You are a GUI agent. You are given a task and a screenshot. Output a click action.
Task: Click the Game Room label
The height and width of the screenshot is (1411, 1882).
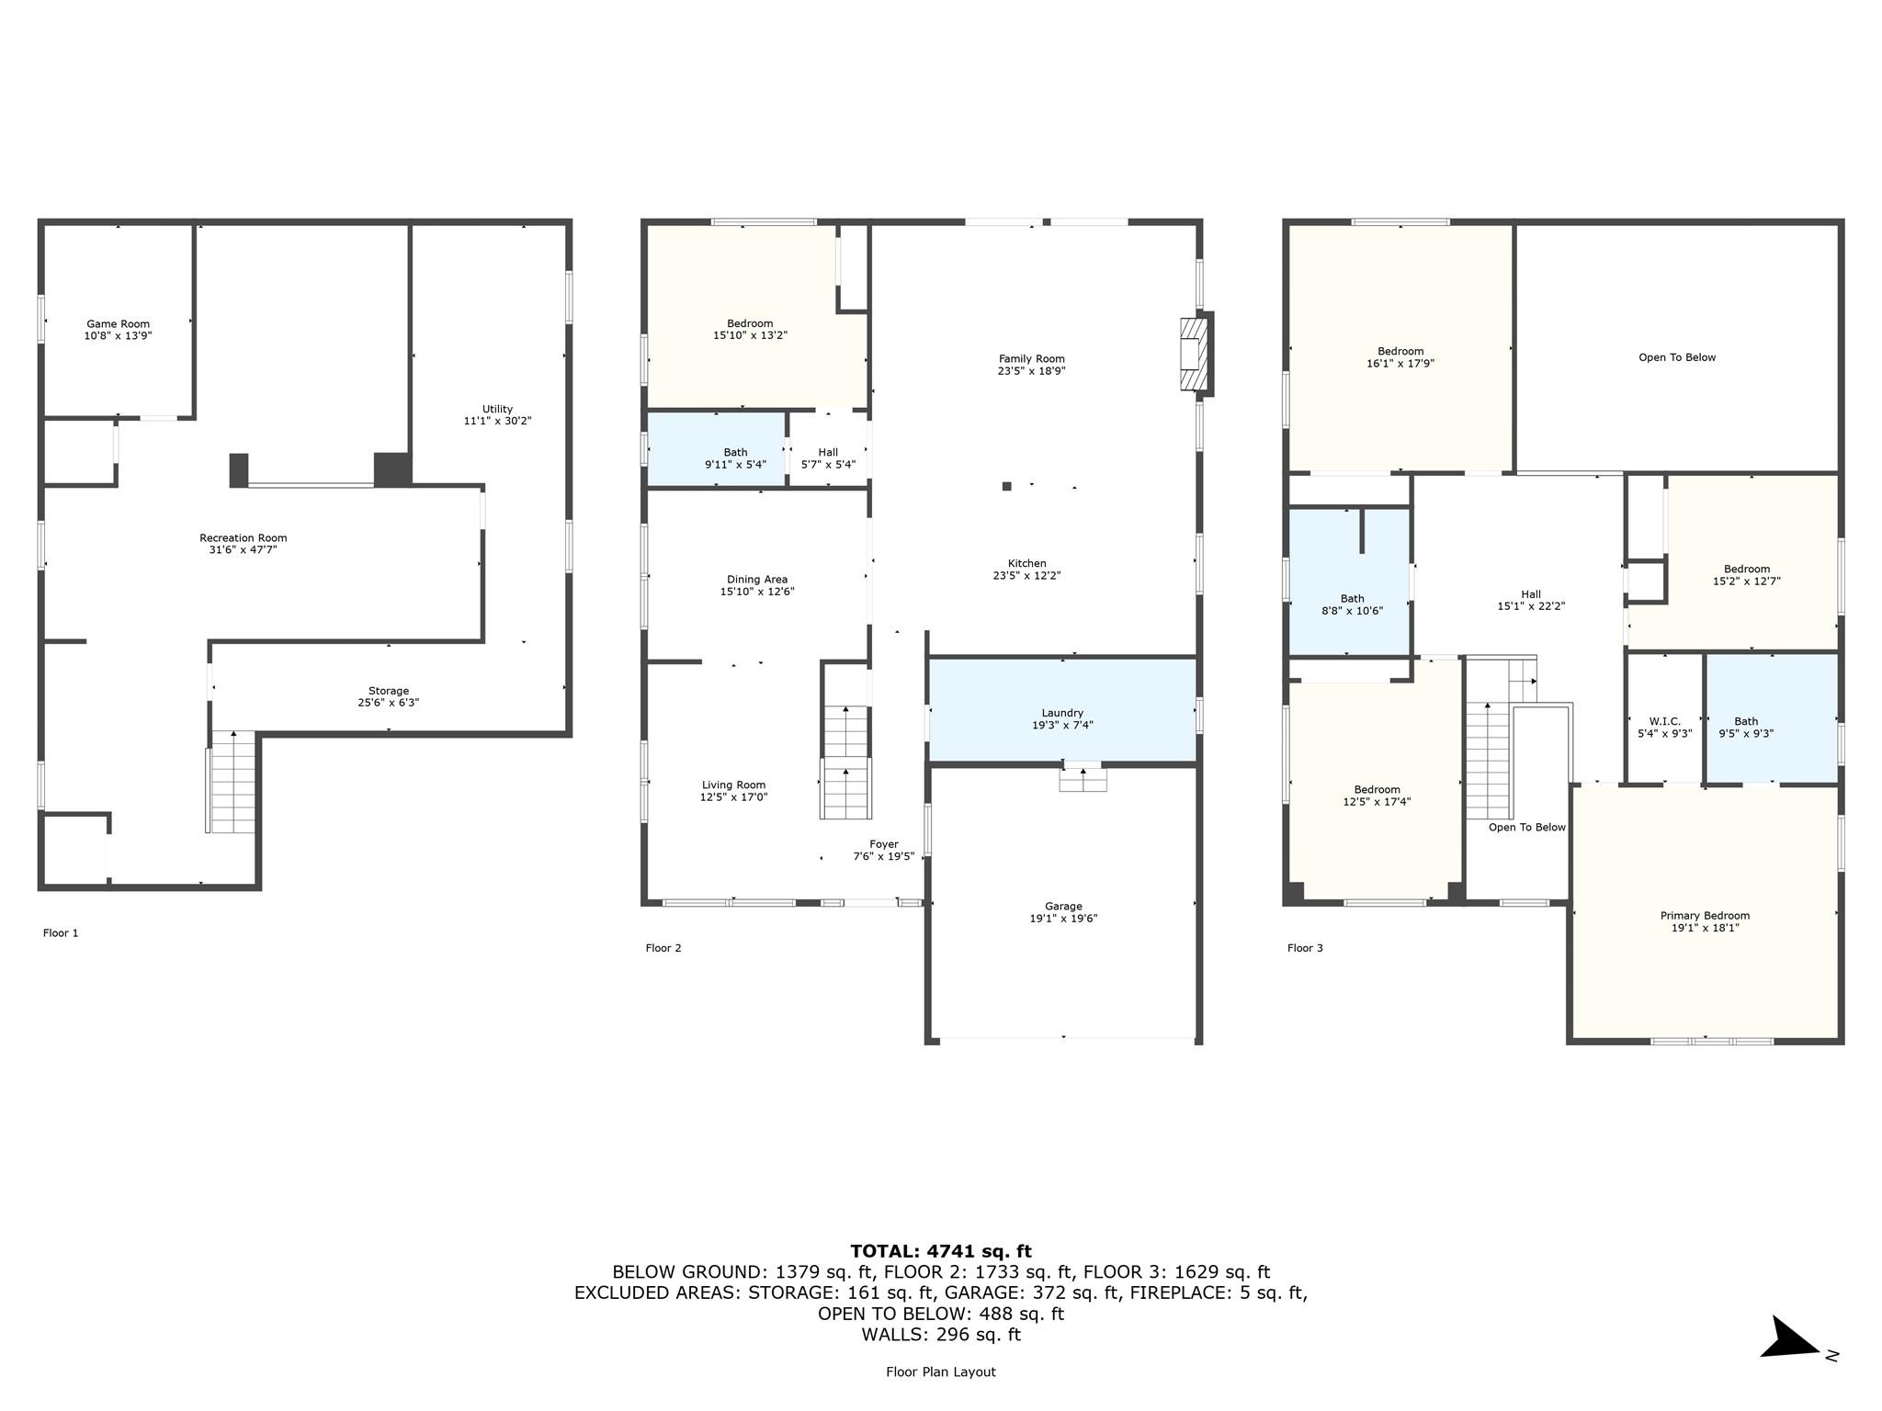pyautogui.click(x=118, y=323)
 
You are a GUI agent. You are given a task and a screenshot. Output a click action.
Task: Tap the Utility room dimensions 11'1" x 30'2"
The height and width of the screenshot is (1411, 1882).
pyautogui.click(x=497, y=421)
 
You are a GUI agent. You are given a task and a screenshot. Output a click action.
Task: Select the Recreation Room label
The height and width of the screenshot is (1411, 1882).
pyautogui.click(x=244, y=538)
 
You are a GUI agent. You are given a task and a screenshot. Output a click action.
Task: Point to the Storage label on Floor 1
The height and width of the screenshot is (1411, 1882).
pyautogui.click(x=389, y=691)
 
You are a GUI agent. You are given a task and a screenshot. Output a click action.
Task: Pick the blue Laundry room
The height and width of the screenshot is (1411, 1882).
pyautogui.click(x=1062, y=710)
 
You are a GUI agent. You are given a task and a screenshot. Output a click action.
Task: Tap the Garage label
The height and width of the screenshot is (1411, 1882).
pyautogui.click(x=1063, y=906)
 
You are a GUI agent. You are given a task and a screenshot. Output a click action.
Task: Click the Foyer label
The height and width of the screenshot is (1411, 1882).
pyautogui.click(x=884, y=844)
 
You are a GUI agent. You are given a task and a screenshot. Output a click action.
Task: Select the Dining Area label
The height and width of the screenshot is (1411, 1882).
pyautogui.click(x=757, y=580)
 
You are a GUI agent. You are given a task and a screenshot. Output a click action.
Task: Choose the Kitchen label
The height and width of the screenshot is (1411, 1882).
pyautogui.click(x=1027, y=563)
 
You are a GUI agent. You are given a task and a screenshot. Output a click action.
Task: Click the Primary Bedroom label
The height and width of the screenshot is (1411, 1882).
pyautogui.click(x=1705, y=916)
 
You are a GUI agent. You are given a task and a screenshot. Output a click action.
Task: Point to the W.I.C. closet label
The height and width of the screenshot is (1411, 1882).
pyautogui.click(x=1665, y=722)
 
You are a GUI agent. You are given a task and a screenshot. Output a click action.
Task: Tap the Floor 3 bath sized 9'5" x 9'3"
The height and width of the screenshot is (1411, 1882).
pyautogui.click(x=1772, y=718)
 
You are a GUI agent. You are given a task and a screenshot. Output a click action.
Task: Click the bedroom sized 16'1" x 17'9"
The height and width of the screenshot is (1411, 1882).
pyautogui.click(x=1400, y=348)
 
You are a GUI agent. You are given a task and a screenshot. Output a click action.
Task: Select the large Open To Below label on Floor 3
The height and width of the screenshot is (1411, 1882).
pyautogui.click(x=1677, y=357)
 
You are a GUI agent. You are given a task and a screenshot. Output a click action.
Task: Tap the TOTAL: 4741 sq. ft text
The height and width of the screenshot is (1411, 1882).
pyautogui.click(x=941, y=1251)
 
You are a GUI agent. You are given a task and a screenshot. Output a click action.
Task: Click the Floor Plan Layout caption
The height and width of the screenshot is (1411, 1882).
pyautogui.click(x=941, y=1371)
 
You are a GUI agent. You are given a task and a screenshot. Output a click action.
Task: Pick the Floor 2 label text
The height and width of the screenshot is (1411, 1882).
pyautogui.click(x=663, y=948)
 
